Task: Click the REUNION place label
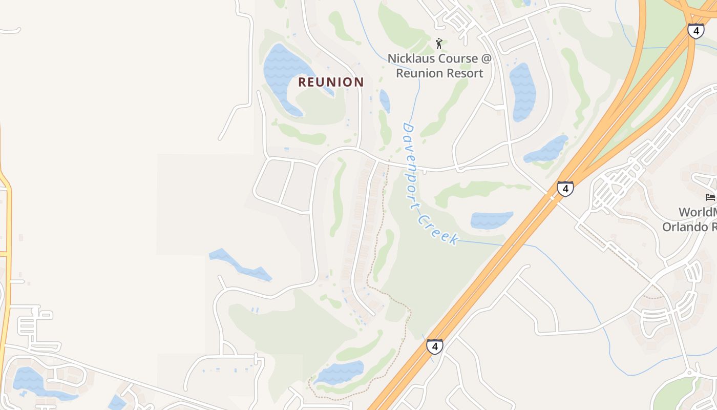[x=331, y=82]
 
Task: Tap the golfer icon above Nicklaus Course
[x=438, y=44]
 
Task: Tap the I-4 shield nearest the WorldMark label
[x=565, y=189]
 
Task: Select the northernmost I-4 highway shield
[x=695, y=31]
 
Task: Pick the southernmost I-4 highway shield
[x=434, y=346]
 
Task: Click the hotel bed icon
[x=710, y=197]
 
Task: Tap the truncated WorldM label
[x=698, y=212]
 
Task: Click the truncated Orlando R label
[x=689, y=227]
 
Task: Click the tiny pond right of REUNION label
[x=385, y=100]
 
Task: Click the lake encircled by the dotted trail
[x=340, y=372]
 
